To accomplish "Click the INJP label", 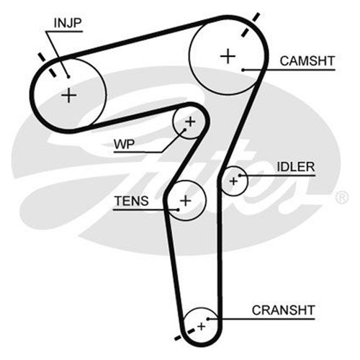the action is [x=68, y=23].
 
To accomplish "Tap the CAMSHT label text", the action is [x=307, y=61].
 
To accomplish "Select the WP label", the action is [x=125, y=145].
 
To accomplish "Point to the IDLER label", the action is [x=296, y=167].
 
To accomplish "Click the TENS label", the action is [x=132, y=201].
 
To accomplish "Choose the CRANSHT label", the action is [x=283, y=310].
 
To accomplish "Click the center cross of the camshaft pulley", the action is [x=228, y=57].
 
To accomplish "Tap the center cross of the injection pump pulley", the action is [x=69, y=95].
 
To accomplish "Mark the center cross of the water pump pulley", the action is [x=190, y=122].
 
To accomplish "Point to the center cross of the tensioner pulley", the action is [x=186, y=200].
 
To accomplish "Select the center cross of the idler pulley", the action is [x=233, y=181].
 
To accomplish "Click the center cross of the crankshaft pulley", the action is [x=202, y=326].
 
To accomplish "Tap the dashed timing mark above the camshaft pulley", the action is [x=250, y=25].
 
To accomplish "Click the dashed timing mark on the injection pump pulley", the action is [x=48, y=65].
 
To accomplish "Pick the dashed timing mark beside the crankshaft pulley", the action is [x=184, y=334].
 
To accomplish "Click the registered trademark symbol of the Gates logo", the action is [x=341, y=198].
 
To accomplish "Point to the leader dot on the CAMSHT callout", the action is [x=243, y=70].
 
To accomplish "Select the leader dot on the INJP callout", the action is [x=68, y=77].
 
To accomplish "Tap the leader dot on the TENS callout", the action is [x=178, y=210].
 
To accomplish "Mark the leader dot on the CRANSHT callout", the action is [x=209, y=319].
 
